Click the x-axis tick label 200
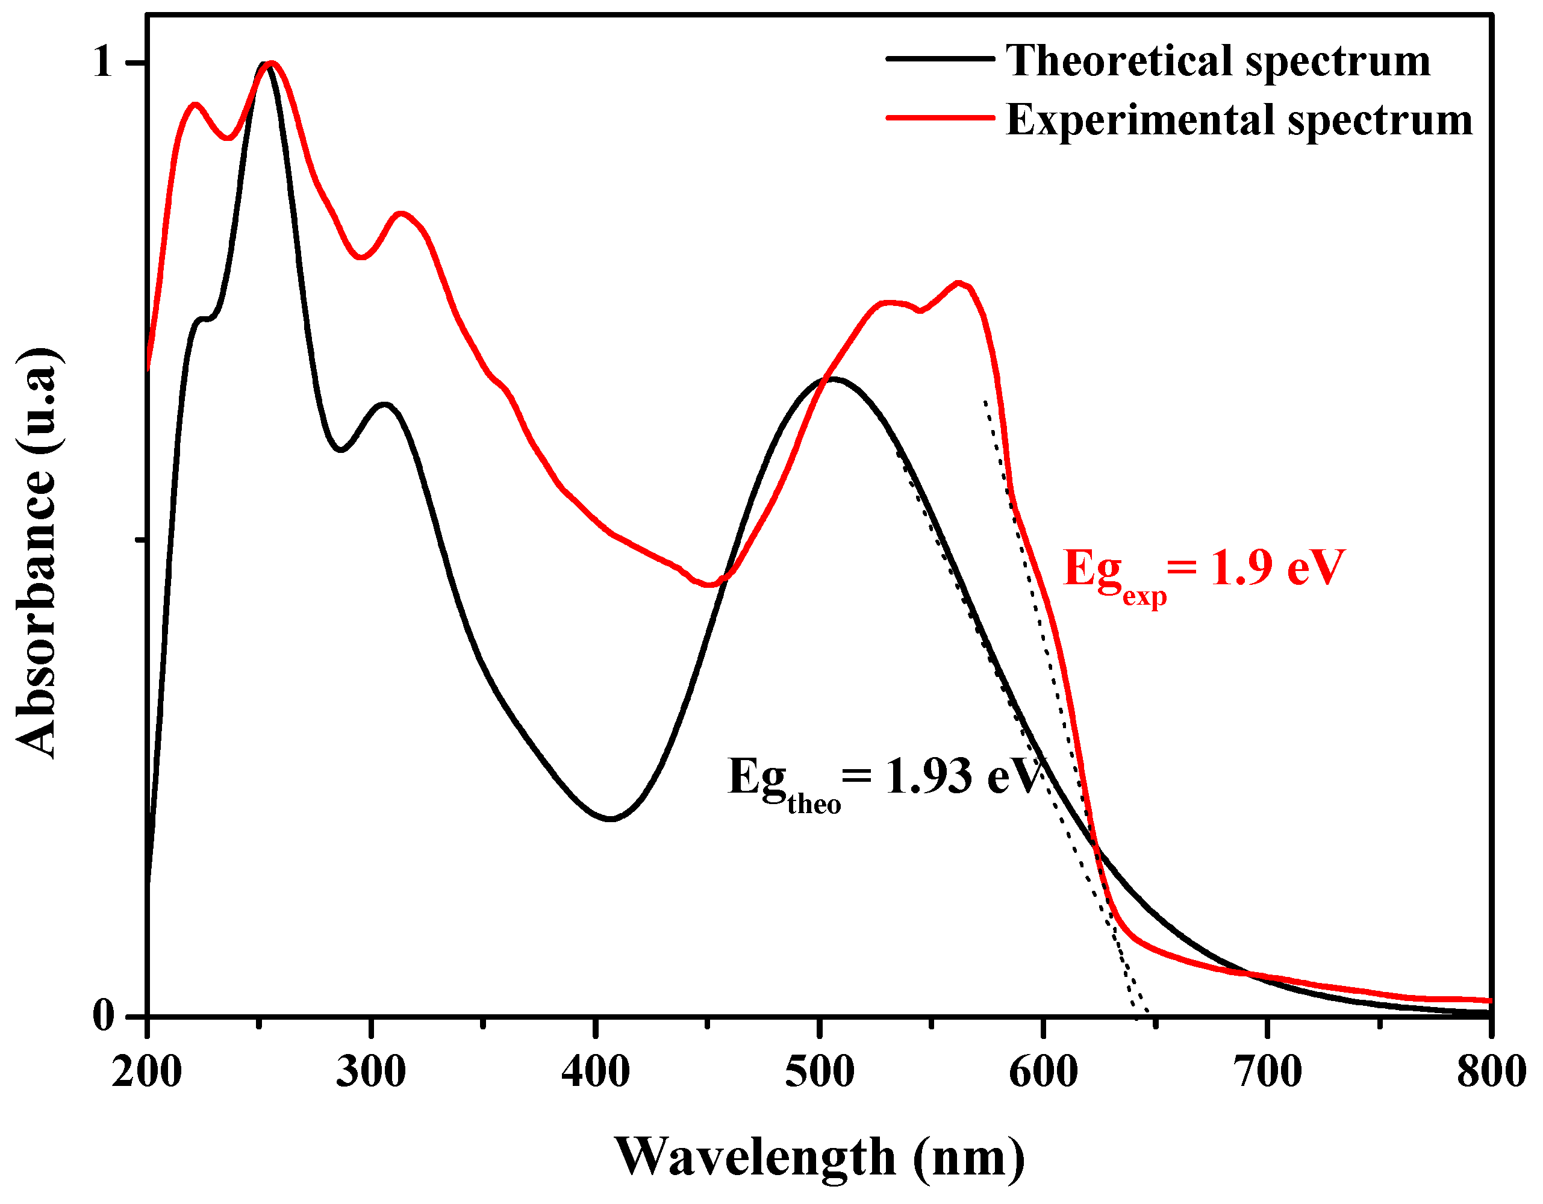pos(147,1073)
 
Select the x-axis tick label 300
pos(371,1073)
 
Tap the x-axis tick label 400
pos(596,1073)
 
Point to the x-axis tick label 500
pos(820,1073)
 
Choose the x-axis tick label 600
pos(1044,1073)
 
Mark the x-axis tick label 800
pos(1491,1073)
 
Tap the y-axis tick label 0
pos(103,1016)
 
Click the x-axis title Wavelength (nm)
pos(820,1158)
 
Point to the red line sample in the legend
pos(940,118)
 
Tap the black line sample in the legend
pos(940,58)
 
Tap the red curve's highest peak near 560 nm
pos(959,282)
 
